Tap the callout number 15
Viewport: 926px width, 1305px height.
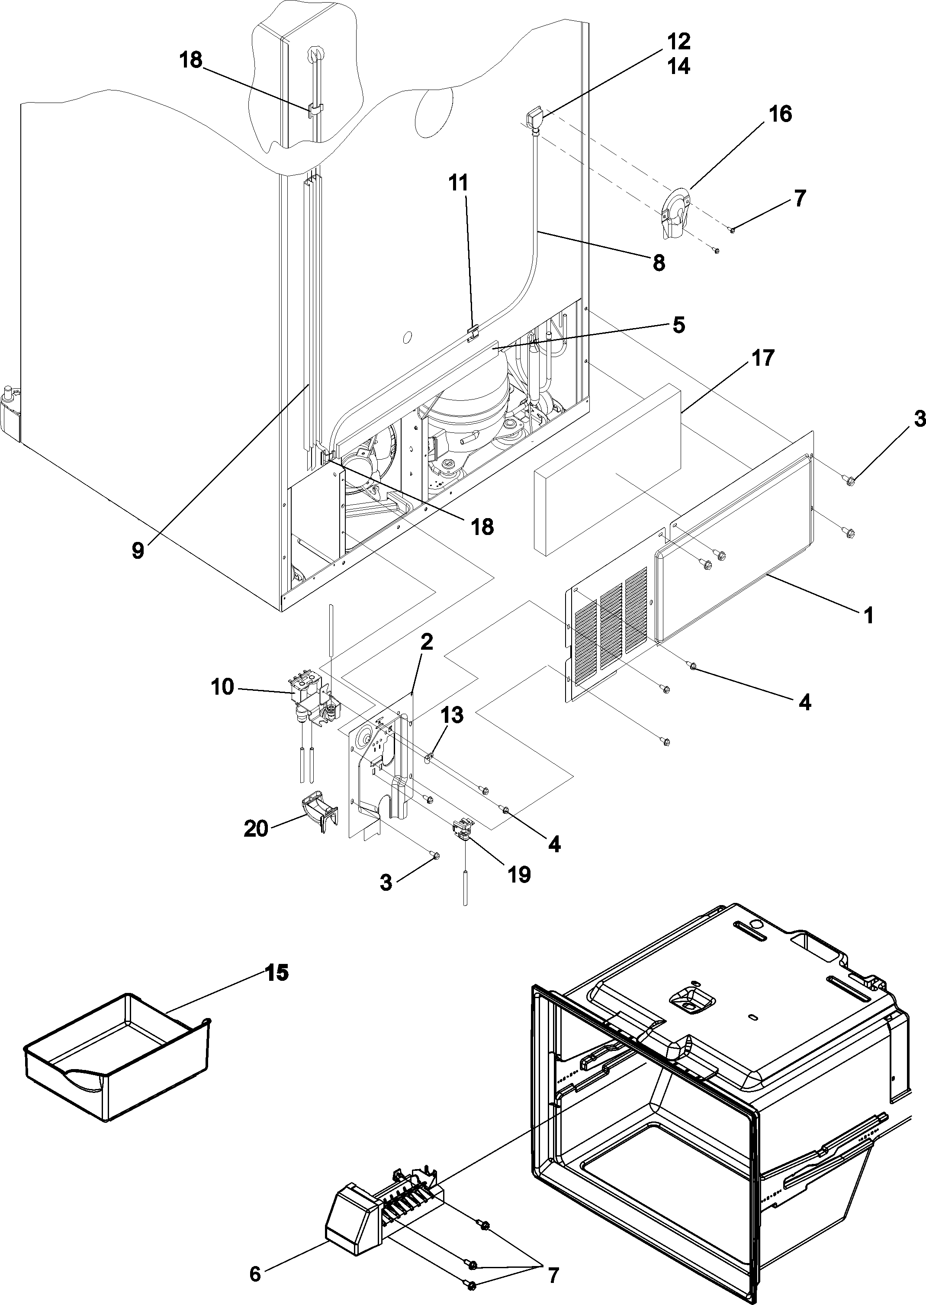pyautogui.click(x=276, y=973)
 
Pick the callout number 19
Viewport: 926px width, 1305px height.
pyautogui.click(x=519, y=874)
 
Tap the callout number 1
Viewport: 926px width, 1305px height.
pyautogui.click(x=868, y=616)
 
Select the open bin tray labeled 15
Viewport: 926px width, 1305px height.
pyautogui.click(x=114, y=1061)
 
